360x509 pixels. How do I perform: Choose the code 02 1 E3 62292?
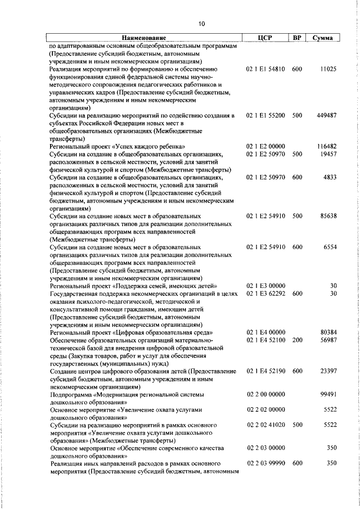[x=265, y=294]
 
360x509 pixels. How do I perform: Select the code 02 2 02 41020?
[x=265, y=426]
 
